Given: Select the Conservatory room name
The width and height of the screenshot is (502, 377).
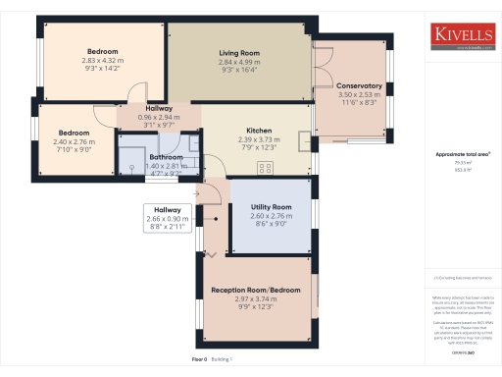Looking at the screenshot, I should pos(359,86).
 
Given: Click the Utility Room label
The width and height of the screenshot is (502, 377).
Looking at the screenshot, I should pos(272,207).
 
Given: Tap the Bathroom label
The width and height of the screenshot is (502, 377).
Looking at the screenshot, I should pos(166,157).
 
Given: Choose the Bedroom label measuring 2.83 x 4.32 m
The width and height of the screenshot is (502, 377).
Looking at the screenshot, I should pos(102,51).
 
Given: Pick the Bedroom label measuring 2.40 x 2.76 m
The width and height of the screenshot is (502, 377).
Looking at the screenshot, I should pos(75,132).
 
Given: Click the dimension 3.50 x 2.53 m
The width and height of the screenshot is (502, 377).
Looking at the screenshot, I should pos(359,95).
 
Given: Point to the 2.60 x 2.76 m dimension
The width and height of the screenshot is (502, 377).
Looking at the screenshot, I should pos(272,216).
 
